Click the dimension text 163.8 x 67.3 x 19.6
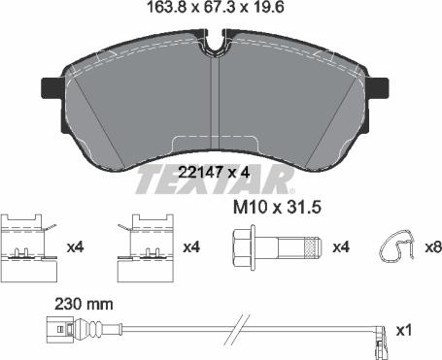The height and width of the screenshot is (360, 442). (216, 7)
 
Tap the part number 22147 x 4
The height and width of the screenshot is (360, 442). (215, 174)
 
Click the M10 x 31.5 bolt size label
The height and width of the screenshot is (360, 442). (277, 208)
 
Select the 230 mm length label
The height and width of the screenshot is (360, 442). (84, 305)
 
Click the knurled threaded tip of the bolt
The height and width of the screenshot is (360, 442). (314, 248)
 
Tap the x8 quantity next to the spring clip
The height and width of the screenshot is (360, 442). (433, 247)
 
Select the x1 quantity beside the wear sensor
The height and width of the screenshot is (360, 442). (404, 331)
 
